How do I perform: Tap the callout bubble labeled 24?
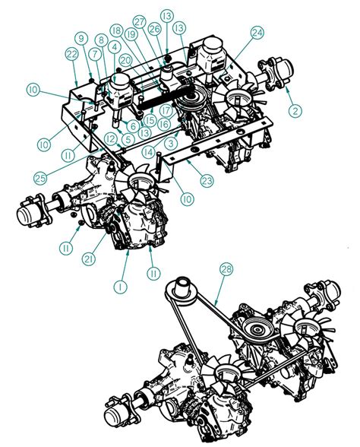[257, 33]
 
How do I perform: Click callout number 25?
[43, 178]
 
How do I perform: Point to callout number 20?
[125, 60]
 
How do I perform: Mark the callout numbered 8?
[99, 40]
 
